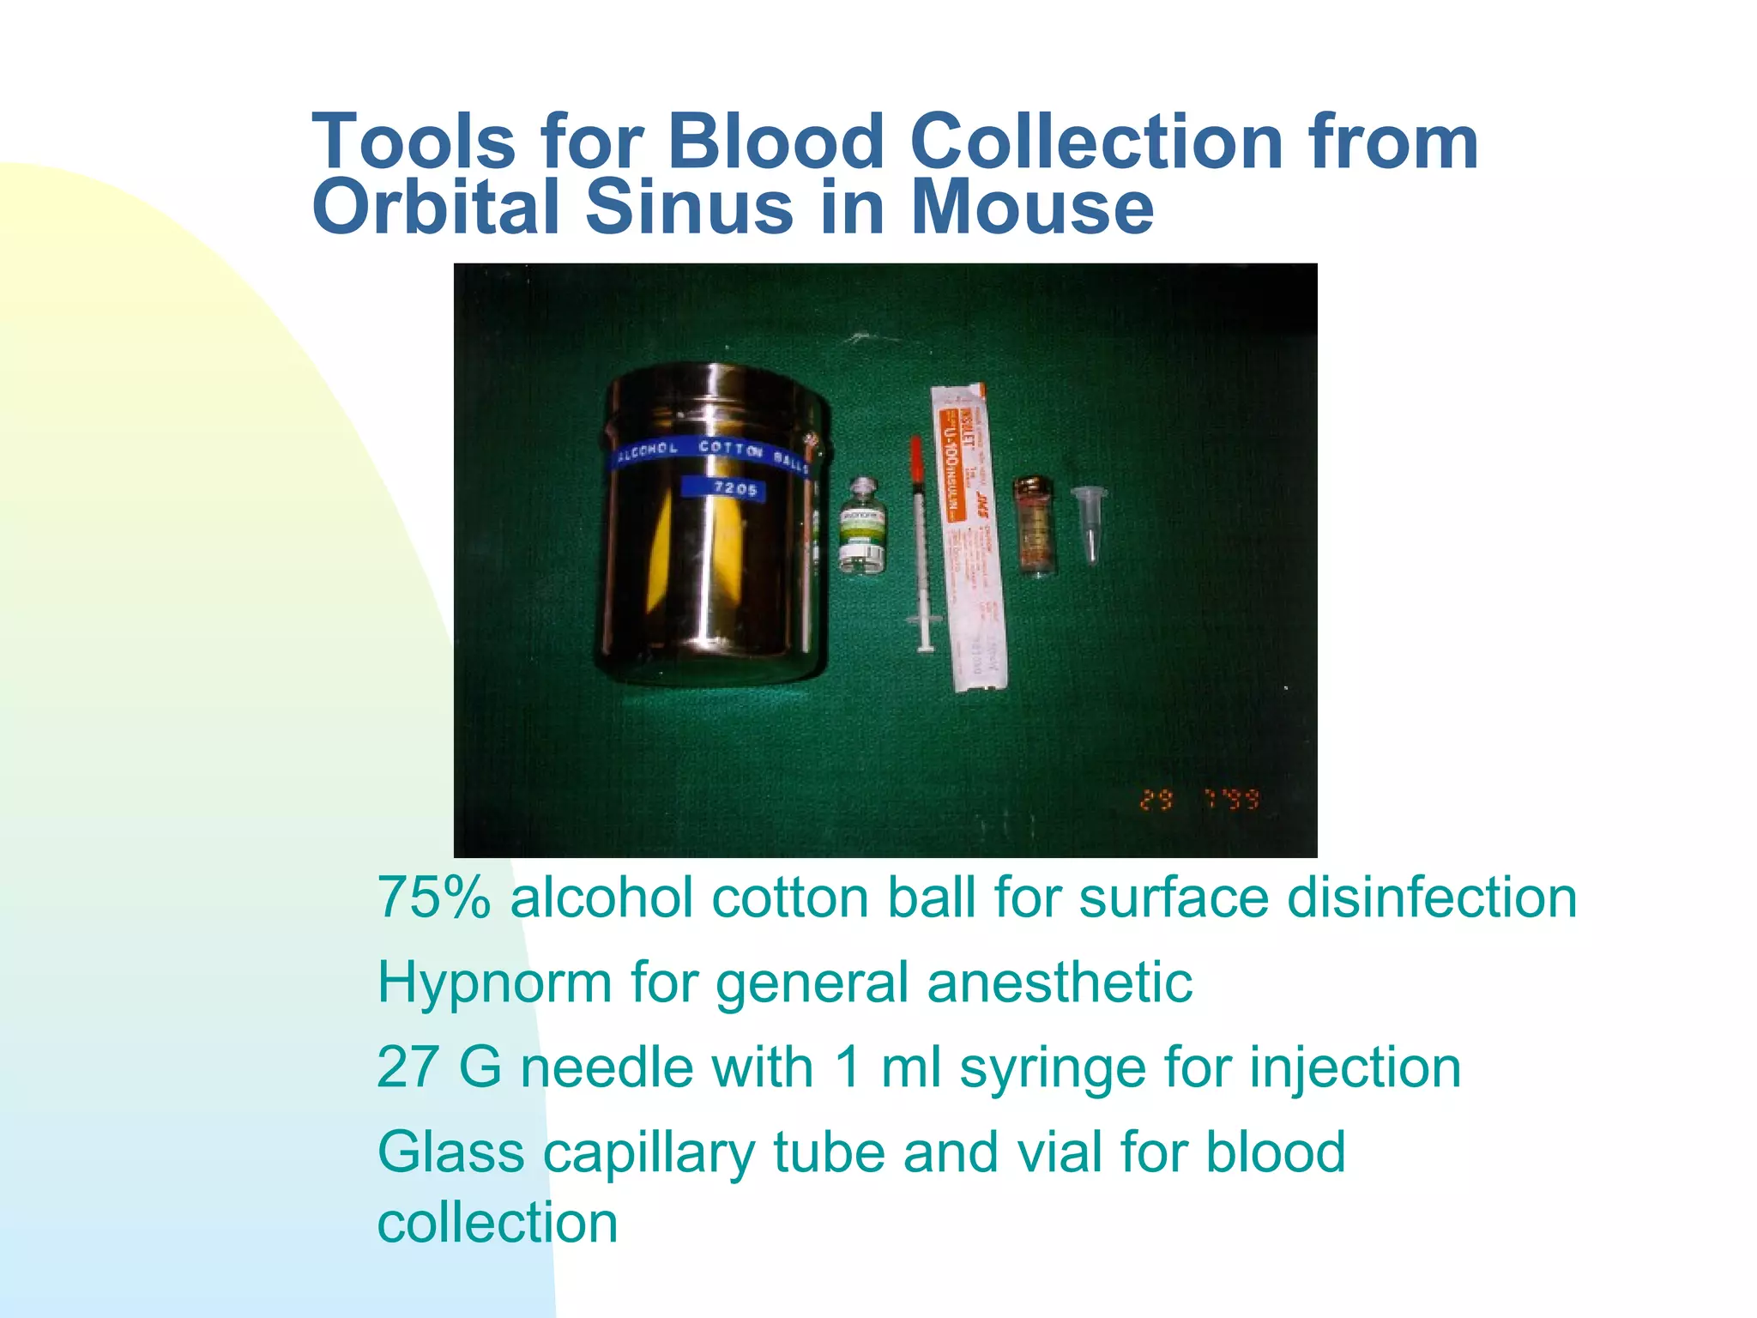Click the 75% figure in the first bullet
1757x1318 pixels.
[x=434, y=898]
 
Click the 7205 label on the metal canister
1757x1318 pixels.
[x=735, y=488]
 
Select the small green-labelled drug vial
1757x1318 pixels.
[x=863, y=526]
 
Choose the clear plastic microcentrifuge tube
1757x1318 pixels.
[x=1090, y=519]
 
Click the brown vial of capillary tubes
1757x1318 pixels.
[x=1035, y=525]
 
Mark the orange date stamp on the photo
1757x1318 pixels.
[x=1199, y=800]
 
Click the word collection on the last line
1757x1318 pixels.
[x=498, y=1222]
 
